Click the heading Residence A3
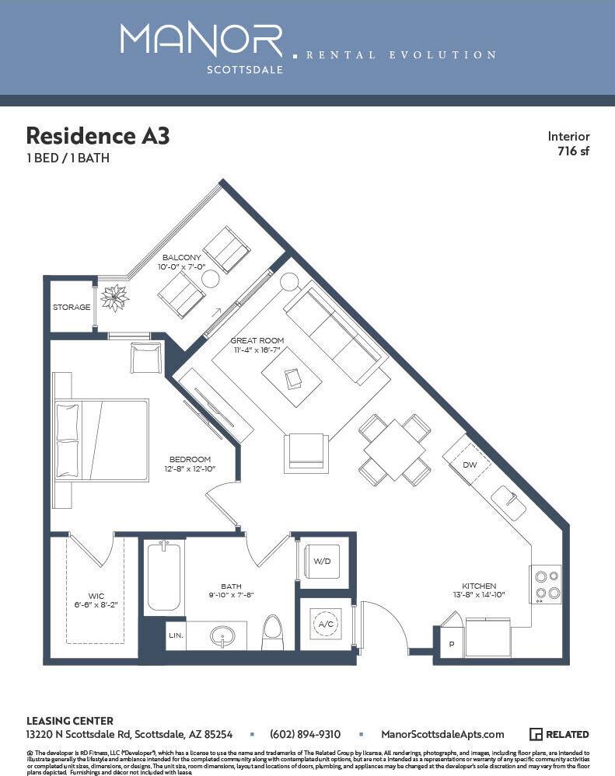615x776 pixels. point(97,136)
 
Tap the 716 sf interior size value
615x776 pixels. point(573,151)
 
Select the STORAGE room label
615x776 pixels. point(72,308)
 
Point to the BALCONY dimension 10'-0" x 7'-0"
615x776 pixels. point(182,266)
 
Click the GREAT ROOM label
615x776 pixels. point(257,340)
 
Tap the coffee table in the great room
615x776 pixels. point(292,378)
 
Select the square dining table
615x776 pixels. point(394,449)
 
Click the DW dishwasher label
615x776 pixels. point(470,465)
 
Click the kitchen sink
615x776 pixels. point(509,503)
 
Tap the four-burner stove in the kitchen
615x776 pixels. point(545,585)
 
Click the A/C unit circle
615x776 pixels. point(323,623)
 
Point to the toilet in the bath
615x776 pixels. point(273,632)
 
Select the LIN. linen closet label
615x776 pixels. point(176,635)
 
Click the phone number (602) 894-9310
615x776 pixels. point(305,734)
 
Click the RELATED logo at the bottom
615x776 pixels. point(559,734)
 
